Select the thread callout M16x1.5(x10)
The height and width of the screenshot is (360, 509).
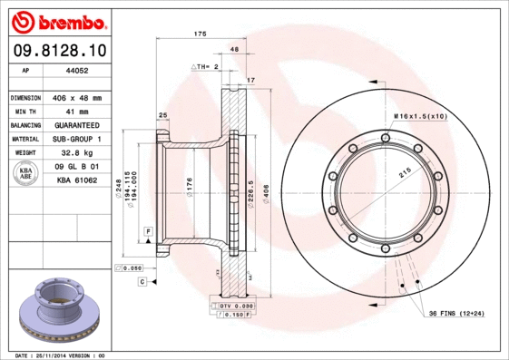click(420, 116)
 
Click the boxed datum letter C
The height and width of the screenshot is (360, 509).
click(142, 282)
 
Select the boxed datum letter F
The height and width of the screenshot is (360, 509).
click(147, 233)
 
